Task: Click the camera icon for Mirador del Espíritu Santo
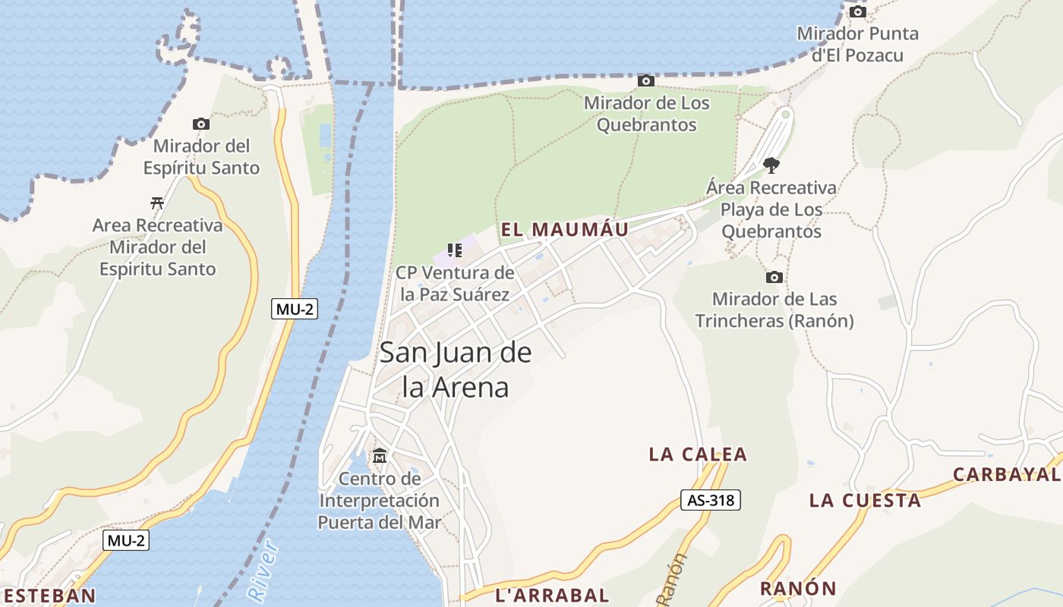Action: click(x=200, y=124)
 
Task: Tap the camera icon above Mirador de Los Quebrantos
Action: click(x=645, y=80)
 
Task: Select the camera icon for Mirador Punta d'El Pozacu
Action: click(x=857, y=11)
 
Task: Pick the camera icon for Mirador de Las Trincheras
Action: click(x=774, y=277)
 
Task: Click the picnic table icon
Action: click(x=157, y=203)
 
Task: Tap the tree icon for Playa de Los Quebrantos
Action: click(x=771, y=165)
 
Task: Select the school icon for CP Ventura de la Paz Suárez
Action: click(x=455, y=250)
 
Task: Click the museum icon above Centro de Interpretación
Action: click(x=379, y=456)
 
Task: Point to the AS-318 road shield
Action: click(x=710, y=500)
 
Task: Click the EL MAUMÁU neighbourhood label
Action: click(x=565, y=229)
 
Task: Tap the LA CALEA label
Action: click(x=698, y=454)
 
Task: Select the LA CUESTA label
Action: click(x=865, y=500)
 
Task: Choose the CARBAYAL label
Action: click(x=1007, y=474)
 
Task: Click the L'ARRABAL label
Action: click(x=552, y=595)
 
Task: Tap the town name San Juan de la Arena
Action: click(x=455, y=370)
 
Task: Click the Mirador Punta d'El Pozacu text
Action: click(x=857, y=44)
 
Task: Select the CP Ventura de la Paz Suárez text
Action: click(x=455, y=284)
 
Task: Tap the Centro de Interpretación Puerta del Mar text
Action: click(x=379, y=501)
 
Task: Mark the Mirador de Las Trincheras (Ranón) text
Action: click(x=774, y=310)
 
